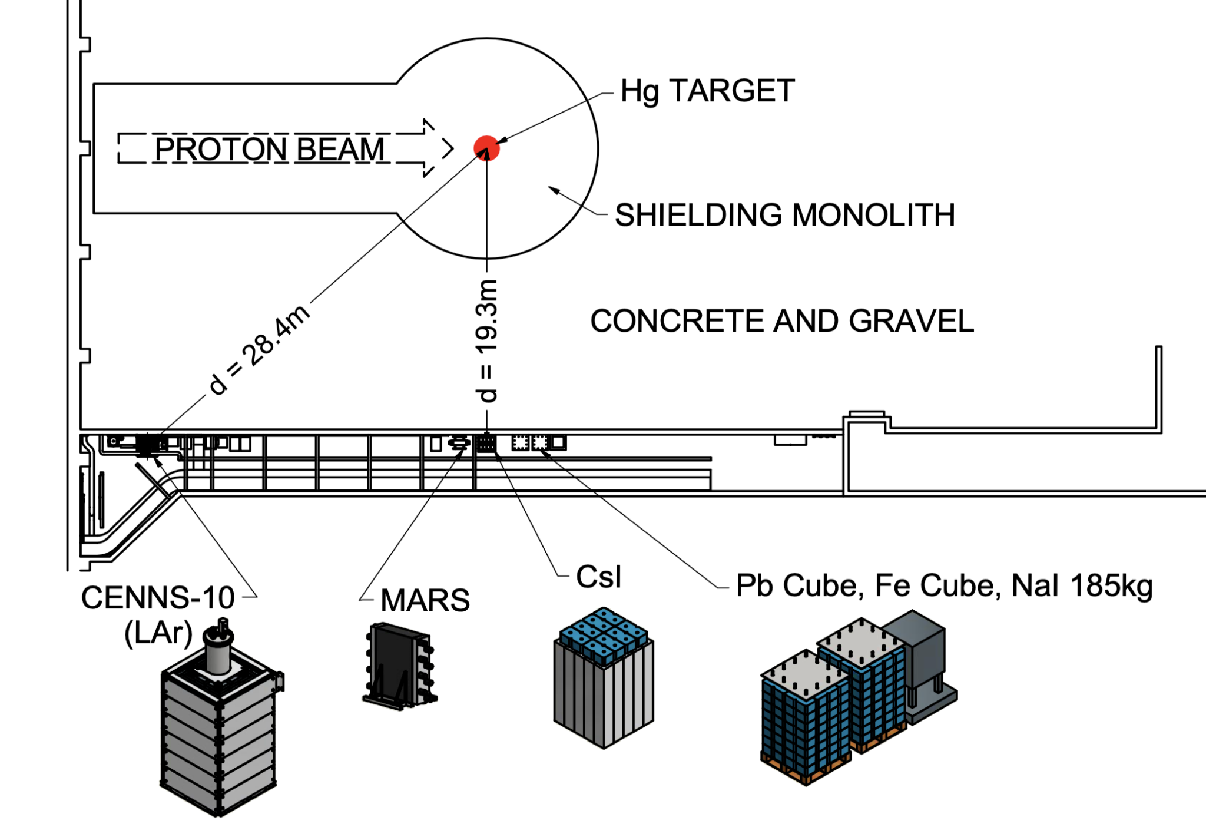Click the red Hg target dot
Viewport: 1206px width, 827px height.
(486, 148)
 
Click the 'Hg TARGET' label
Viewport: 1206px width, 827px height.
(707, 91)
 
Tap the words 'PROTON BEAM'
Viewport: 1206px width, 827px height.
(269, 148)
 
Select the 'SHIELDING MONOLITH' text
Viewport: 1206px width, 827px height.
(784, 215)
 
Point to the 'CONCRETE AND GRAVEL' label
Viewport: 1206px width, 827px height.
(781, 321)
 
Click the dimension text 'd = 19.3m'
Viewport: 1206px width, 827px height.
(488, 341)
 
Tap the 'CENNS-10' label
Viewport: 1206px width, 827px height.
(158, 598)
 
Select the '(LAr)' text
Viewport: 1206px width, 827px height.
(158, 633)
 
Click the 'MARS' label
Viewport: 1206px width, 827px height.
(425, 601)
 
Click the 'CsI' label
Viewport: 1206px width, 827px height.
(598, 577)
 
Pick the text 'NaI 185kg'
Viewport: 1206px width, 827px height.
(1081, 585)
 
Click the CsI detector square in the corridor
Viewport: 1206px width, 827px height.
(486, 442)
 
